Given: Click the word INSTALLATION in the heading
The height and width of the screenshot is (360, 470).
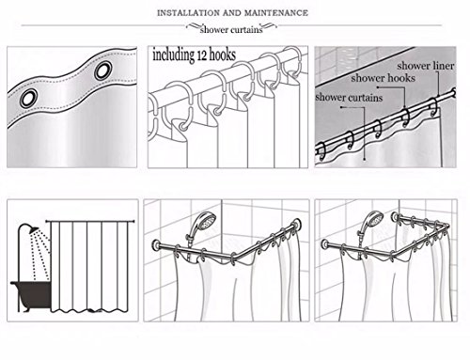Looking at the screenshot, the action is coord(188,13).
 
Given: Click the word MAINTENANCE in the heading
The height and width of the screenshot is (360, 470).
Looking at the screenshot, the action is coord(276,13).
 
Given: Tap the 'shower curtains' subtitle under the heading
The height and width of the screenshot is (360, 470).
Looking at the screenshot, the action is coord(231,30).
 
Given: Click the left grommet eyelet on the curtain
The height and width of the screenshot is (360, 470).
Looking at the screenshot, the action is coord(28,98).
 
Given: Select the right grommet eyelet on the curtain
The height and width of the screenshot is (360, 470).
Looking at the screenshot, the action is coord(102,70).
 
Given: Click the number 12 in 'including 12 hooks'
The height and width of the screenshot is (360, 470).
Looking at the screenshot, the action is coord(201,55).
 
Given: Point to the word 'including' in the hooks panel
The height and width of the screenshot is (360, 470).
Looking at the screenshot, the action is coord(173,55).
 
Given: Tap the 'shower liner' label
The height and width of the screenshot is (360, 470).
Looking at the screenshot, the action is coord(426,66).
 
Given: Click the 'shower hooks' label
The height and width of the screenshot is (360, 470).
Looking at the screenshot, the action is coord(383,78).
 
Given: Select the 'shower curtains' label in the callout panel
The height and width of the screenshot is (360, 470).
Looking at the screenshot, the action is coord(349,97).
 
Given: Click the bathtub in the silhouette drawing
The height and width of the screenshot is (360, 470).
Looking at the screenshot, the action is coord(31,296).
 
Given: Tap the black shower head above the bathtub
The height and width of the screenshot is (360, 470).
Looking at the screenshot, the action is coord(33,229).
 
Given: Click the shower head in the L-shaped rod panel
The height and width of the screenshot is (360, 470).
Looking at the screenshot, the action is coord(207,220).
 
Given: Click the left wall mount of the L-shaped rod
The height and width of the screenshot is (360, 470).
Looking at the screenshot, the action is coord(156,244).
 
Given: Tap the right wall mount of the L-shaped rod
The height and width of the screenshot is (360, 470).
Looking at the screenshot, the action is coord(296,225).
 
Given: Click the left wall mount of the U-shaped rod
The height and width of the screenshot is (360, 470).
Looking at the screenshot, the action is coord(325,245).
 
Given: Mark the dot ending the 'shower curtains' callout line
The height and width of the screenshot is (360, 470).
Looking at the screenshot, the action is coord(365,159).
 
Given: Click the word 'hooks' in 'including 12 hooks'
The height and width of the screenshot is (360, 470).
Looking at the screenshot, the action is coord(222,55).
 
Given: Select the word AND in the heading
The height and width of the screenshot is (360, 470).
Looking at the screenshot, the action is coord(232,13).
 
